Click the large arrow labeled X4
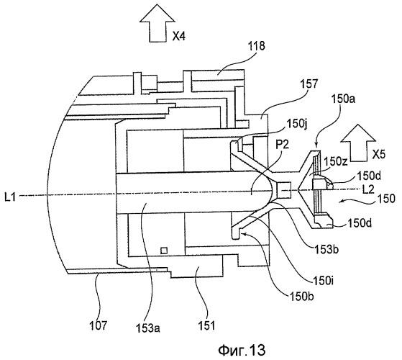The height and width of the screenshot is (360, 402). pyautogui.click(x=157, y=27)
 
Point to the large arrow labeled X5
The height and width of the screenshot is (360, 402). pyautogui.click(x=358, y=143)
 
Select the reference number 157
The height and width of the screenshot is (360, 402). pyautogui.click(x=309, y=84)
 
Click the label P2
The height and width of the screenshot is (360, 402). pyautogui.click(x=282, y=145)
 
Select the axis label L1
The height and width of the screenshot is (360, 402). pyautogui.click(x=10, y=197)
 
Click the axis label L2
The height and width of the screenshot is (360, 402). pyautogui.click(x=368, y=189)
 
